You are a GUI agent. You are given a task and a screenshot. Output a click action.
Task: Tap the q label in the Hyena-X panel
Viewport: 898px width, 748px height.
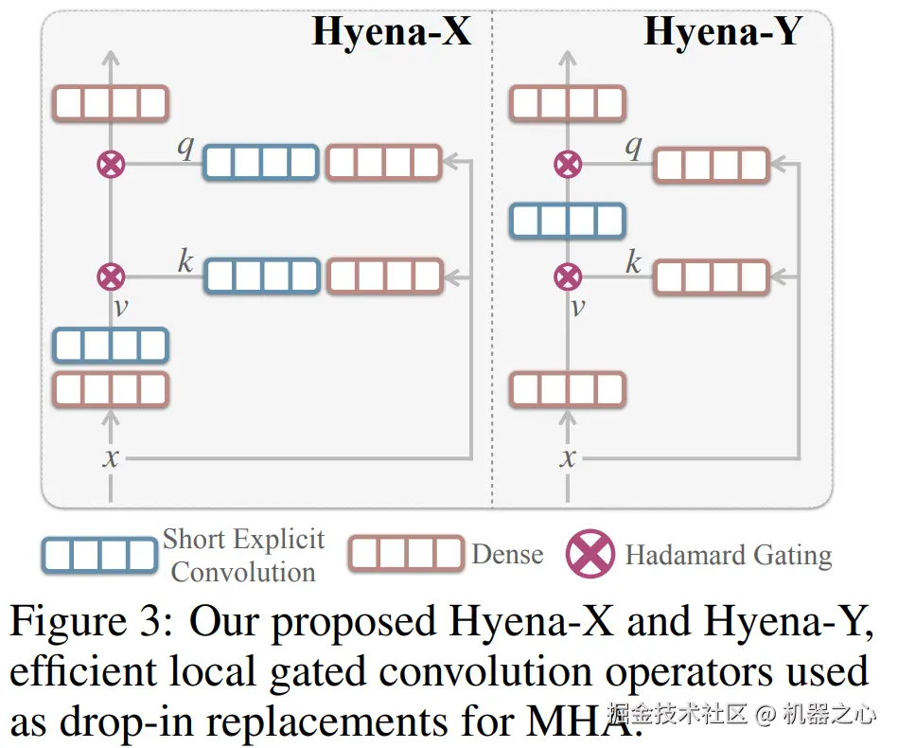tap(186, 147)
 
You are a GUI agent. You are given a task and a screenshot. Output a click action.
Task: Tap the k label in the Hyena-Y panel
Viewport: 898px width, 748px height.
tap(633, 262)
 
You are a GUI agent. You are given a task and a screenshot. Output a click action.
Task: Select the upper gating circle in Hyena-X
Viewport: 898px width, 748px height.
tap(111, 165)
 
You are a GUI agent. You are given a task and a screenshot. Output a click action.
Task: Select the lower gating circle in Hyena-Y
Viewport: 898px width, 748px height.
tap(568, 277)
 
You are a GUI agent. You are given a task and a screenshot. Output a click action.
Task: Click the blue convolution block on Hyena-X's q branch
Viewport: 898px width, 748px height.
tap(261, 163)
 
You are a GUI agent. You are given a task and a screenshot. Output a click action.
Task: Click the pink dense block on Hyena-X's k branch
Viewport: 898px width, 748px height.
tap(386, 276)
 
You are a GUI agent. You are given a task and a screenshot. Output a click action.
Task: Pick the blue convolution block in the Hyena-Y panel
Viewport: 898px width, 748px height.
tap(567, 221)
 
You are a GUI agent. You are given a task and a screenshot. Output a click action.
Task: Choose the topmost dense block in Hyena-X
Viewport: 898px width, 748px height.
tap(111, 104)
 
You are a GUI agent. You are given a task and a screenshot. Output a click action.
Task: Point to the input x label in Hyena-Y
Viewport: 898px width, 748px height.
tap(568, 458)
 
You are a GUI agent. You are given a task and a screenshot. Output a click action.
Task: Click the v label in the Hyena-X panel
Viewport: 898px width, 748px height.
tap(121, 308)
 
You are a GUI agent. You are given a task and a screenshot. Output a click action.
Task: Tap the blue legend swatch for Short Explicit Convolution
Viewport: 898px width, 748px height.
tap(99, 556)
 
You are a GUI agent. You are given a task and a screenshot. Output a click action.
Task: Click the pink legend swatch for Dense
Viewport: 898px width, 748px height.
tap(406, 554)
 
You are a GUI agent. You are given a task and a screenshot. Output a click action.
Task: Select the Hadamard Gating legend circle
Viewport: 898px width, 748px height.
tap(590, 554)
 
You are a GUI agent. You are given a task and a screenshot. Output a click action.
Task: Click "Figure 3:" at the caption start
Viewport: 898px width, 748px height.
tap(91, 621)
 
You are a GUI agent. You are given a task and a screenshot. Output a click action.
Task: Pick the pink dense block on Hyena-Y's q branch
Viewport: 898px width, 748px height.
tap(712, 166)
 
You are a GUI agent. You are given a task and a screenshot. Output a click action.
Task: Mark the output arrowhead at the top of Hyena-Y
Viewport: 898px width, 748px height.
tap(567, 58)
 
